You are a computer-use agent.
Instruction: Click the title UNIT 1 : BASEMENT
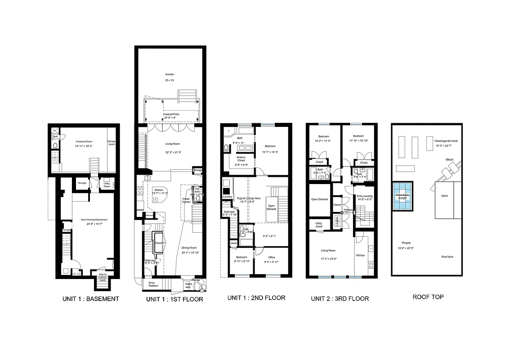click(90, 299)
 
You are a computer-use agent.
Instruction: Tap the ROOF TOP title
click(428, 297)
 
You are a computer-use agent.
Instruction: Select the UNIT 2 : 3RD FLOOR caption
click(340, 298)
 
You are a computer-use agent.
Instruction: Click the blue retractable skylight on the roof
click(403, 197)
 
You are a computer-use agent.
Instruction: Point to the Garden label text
click(170, 74)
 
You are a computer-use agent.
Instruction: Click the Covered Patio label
click(171, 114)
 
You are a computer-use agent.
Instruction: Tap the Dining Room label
click(190, 247)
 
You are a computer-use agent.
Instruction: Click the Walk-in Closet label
click(241, 158)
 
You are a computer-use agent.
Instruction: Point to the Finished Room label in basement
click(84, 142)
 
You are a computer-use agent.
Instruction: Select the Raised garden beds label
click(446, 141)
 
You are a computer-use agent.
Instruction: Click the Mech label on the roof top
click(450, 160)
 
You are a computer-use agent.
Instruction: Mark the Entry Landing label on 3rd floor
click(365, 196)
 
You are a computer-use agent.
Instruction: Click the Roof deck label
click(447, 256)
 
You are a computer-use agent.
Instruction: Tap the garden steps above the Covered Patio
click(187, 96)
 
